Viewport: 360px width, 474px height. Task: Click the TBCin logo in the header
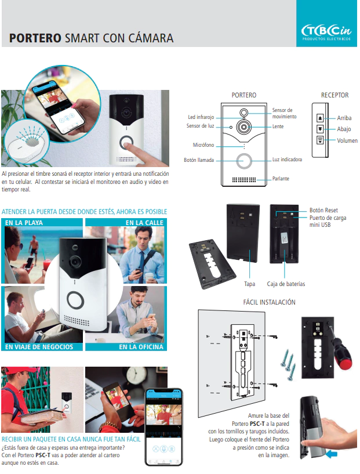tap(326, 30)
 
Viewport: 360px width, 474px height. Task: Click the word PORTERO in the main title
tap(35, 39)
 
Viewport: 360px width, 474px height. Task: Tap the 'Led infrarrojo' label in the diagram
tap(201, 117)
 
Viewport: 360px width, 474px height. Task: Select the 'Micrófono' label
tap(203, 145)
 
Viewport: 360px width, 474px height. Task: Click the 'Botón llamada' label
tap(199, 160)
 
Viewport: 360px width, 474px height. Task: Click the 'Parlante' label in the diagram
tap(281, 179)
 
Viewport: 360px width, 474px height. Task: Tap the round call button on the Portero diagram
tap(244, 160)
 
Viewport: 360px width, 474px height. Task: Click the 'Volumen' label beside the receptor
tap(347, 140)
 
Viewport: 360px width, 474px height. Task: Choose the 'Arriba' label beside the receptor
tap(344, 118)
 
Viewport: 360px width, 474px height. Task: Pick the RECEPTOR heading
tap(334, 95)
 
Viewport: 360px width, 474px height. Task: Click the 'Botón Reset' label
tap(323, 211)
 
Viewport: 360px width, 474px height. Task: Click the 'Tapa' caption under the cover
tap(249, 284)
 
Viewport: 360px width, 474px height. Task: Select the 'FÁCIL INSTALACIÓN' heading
tap(269, 302)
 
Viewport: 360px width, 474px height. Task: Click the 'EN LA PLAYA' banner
tap(24, 223)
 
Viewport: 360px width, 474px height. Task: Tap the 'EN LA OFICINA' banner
tap(141, 347)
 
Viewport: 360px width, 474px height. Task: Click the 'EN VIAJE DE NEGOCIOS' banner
tap(39, 347)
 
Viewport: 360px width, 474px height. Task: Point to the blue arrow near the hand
tap(331, 455)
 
